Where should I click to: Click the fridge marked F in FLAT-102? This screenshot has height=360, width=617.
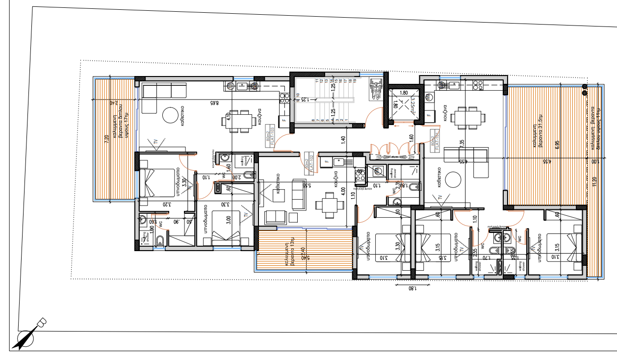(325, 160)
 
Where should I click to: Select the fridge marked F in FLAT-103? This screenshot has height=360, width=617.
(283, 119)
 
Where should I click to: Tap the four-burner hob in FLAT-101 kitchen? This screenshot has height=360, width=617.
(478, 85)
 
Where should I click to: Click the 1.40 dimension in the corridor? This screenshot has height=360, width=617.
(343, 141)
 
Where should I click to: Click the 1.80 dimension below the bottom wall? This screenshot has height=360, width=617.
(411, 289)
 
